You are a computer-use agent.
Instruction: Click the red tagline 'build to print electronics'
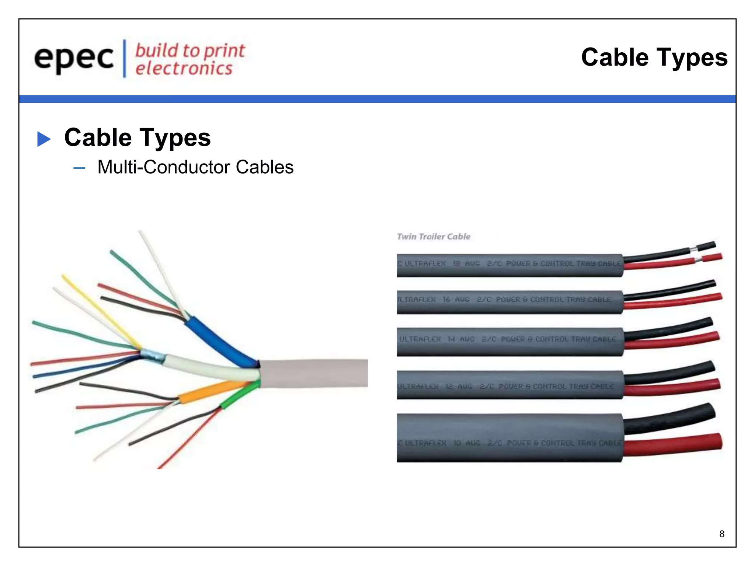pyautogui.click(x=189, y=59)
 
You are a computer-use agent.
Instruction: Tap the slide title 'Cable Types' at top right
pyautogui.click(x=654, y=57)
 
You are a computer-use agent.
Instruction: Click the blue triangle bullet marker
pyautogui.click(x=44, y=139)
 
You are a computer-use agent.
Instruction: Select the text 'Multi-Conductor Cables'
pyautogui.click(x=195, y=167)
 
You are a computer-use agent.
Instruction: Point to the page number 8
pyautogui.click(x=721, y=534)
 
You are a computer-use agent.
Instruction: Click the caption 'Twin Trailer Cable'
pyautogui.click(x=434, y=237)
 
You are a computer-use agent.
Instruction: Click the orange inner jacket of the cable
pyautogui.click(x=210, y=392)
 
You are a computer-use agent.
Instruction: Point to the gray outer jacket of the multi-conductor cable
pyautogui.click(x=313, y=373)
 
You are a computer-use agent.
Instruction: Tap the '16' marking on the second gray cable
pyautogui.click(x=446, y=299)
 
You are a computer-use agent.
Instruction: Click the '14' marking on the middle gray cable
pyautogui.click(x=451, y=339)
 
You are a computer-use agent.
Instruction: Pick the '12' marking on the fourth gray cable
pyautogui.click(x=449, y=386)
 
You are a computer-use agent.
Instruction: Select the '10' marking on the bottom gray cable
pyautogui.click(x=457, y=443)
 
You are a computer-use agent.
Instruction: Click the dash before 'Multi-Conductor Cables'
pyautogui.click(x=79, y=168)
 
